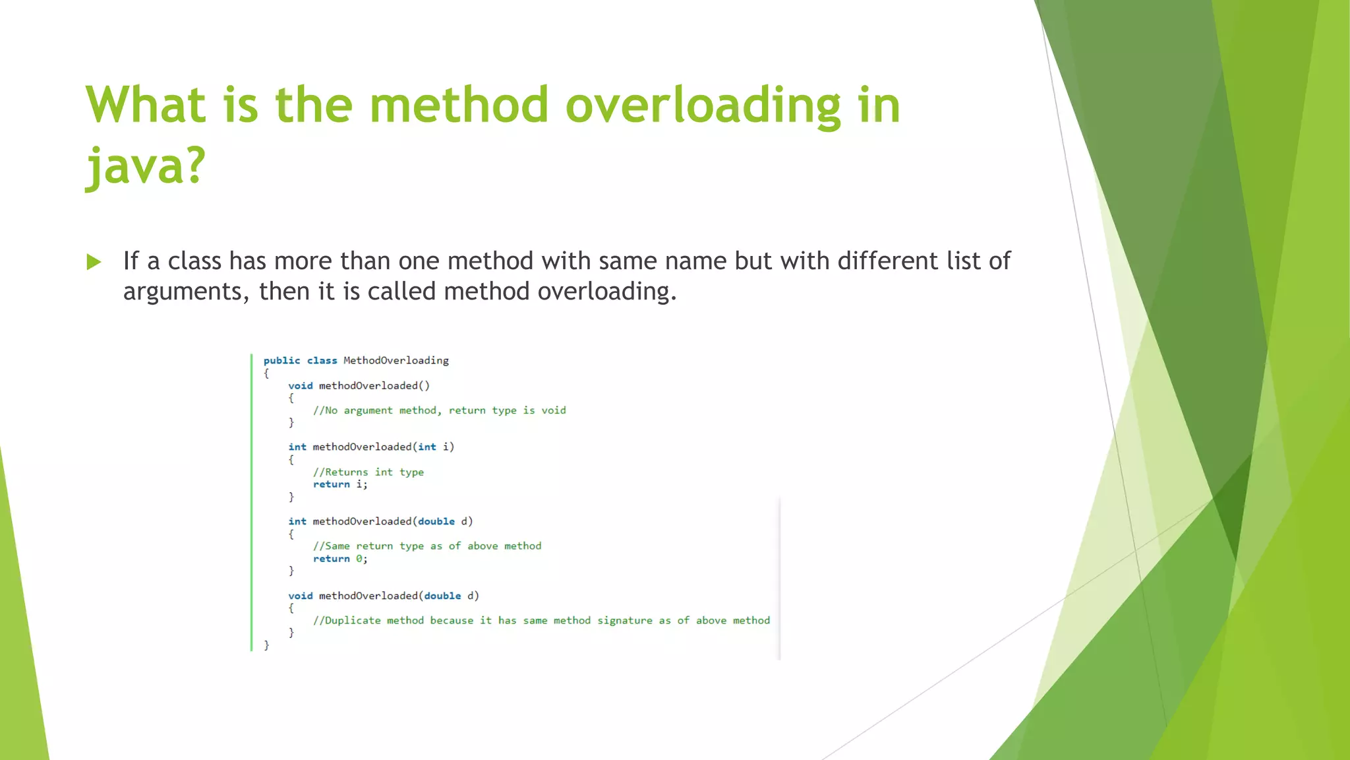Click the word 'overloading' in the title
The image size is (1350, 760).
tap(703, 106)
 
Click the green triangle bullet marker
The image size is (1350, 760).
tap(94, 262)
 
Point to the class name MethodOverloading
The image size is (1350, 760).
tap(396, 360)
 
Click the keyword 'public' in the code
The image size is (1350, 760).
tap(281, 360)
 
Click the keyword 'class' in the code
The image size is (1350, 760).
tap(322, 360)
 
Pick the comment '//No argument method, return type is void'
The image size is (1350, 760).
tap(439, 410)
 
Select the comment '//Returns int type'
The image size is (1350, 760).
tap(368, 472)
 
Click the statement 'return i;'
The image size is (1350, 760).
tap(340, 484)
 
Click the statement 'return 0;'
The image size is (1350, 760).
tap(340, 559)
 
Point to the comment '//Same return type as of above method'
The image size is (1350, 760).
tap(426, 546)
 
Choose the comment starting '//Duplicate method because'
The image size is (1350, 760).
tap(541, 621)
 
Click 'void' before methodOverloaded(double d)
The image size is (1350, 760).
tap(300, 596)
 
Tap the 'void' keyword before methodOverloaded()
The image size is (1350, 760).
tap(300, 385)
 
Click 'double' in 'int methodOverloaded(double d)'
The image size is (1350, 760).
tap(436, 521)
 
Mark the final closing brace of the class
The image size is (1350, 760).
tap(266, 645)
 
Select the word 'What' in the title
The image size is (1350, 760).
tap(146, 106)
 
